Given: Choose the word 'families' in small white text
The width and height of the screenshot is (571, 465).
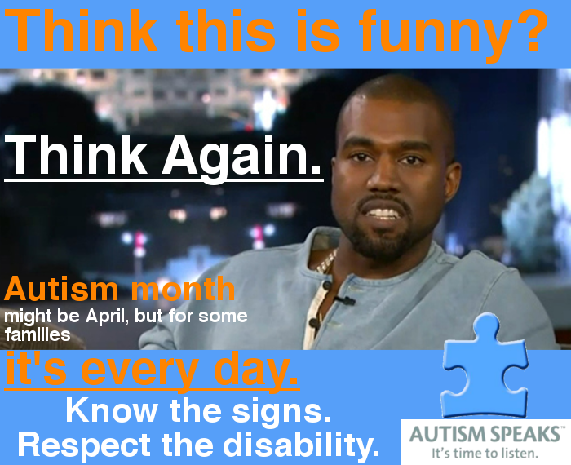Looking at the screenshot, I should (x=38, y=334).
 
